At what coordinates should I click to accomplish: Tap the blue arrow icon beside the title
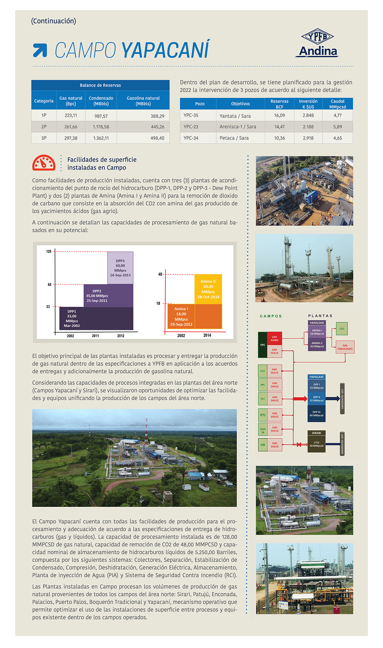[40, 50]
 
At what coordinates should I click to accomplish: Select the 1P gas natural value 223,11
[71, 115]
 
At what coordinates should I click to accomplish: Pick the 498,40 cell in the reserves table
[157, 138]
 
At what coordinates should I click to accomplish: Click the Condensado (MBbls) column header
[101, 101]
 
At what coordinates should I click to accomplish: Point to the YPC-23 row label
[191, 127]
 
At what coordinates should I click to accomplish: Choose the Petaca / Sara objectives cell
[234, 138]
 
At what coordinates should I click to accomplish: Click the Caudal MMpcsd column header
[337, 104]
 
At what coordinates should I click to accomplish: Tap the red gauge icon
[44, 163]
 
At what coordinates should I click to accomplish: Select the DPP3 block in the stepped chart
[120, 268]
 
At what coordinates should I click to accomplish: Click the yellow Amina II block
[208, 289]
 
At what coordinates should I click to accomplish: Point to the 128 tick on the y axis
[49, 252]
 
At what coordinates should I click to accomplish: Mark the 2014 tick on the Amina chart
[207, 335]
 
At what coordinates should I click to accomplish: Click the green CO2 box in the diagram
[342, 329]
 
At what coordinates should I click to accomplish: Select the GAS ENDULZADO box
[345, 347]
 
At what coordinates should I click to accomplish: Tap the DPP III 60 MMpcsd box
[316, 414]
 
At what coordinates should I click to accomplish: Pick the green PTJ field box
[263, 415]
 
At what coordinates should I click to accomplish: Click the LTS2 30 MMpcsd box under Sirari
[316, 444]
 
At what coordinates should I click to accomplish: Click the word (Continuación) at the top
[54, 21]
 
